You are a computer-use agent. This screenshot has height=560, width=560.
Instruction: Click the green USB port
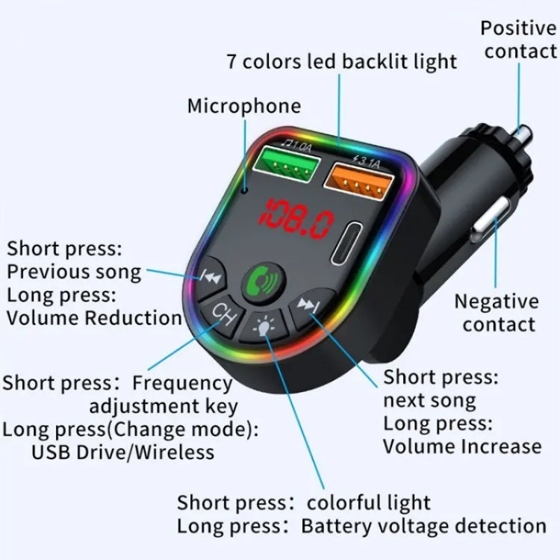click(287, 164)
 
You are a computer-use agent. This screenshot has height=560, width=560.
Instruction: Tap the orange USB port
click(358, 181)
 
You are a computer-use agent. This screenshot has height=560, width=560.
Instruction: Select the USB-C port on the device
click(345, 243)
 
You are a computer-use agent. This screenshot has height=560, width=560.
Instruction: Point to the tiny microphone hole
click(245, 190)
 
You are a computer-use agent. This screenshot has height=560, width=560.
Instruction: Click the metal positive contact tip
click(523, 134)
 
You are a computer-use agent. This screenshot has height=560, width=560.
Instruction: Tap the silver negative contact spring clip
click(491, 220)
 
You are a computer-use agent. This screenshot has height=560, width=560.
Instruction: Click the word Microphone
click(244, 107)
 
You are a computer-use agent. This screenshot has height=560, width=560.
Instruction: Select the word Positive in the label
click(518, 28)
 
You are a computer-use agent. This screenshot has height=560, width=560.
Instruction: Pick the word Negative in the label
click(497, 302)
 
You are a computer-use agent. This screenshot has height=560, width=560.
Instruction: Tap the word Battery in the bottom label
click(337, 526)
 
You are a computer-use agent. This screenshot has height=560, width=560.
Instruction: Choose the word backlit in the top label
click(375, 61)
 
